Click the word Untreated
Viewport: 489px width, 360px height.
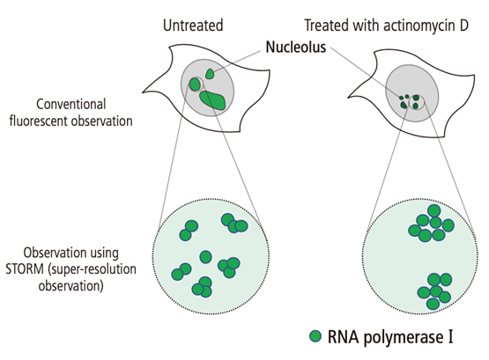point(193,26)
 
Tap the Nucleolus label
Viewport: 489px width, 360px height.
point(296,47)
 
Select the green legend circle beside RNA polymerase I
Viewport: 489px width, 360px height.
point(315,336)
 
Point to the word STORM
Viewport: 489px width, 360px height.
point(25,269)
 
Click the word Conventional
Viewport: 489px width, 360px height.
point(71,105)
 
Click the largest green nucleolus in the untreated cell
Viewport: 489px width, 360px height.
point(212,100)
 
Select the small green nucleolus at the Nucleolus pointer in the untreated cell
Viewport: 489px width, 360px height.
point(210,74)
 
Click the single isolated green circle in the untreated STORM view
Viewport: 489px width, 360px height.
point(205,257)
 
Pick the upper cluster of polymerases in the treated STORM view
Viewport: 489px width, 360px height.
point(432,224)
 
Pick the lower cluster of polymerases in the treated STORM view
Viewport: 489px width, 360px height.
point(434,291)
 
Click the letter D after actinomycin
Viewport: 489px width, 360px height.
point(463,26)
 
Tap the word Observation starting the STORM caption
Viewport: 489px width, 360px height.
point(70,253)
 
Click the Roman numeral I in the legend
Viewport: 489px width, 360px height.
point(449,337)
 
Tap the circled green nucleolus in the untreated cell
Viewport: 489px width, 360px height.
point(195,84)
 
